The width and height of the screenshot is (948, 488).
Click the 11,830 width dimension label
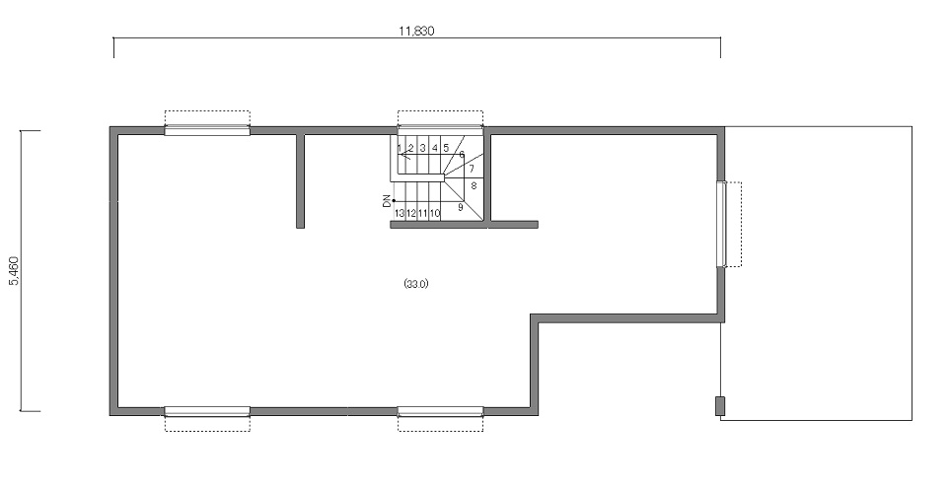pos(416,31)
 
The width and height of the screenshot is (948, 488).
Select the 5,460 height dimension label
pos(15,270)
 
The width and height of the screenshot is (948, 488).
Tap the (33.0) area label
pos(416,284)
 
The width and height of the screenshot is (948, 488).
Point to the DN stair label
pos(387,202)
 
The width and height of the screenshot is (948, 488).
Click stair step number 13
pos(400,213)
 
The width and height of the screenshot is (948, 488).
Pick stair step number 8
pos(474,186)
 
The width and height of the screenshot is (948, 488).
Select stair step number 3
pos(422,148)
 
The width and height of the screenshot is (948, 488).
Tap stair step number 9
pos(461,207)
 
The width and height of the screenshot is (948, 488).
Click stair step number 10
pos(435,213)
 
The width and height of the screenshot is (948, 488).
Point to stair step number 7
pos(472,170)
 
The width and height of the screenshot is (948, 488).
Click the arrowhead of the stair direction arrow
pos(403,155)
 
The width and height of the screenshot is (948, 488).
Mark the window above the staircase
pos(440,128)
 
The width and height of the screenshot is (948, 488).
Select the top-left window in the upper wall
pos(207,130)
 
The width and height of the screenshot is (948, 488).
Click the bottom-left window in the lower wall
pos(207,411)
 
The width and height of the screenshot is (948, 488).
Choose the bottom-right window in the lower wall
pos(440,411)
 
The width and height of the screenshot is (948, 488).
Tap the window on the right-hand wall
pos(721,224)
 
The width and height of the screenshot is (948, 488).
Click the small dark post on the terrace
pos(720,406)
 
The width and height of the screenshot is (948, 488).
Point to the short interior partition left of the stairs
pos(301,180)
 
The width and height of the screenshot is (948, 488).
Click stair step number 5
pos(446,148)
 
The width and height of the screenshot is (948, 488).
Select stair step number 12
pos(411,213)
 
